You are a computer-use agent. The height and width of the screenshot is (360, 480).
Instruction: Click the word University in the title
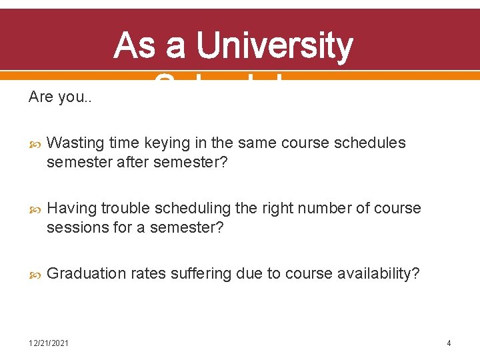pos(274,46)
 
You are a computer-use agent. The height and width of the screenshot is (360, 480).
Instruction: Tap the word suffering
pos(202,273)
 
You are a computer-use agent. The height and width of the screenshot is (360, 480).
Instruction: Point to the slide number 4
pos(449,343)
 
